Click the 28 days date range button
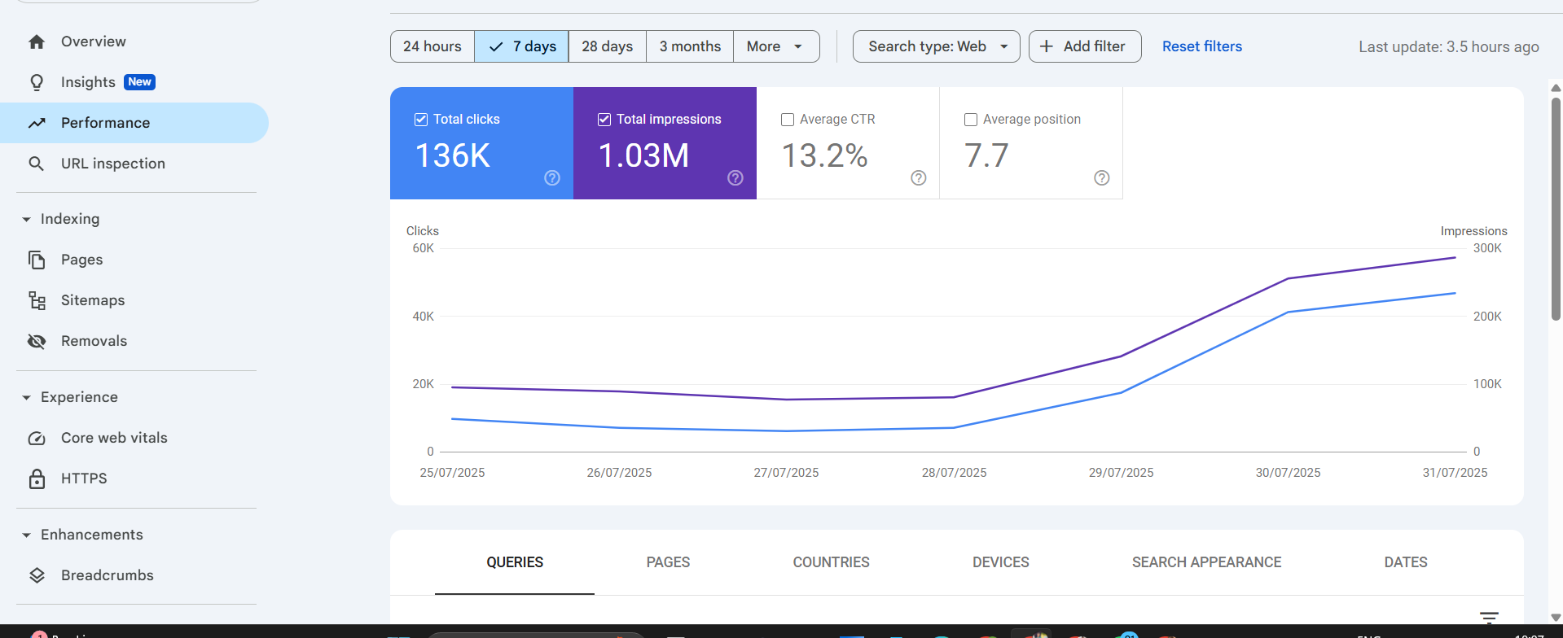pos(607,46)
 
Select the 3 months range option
pos(690,46)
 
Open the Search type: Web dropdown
pos(936,46)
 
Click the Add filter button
pos(1084,46)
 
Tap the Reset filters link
pos(1201,46)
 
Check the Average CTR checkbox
pos(788,120)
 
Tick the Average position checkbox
pos(971,120)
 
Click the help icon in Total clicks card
pos(552,178)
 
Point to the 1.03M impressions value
pos(643,155)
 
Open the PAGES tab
pos(668,562)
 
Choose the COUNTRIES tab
pos(831,562)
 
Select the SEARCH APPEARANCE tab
pos(1206,562)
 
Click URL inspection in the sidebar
pos(112,164)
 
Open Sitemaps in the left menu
pos(93,300)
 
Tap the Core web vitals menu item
pos(114,438)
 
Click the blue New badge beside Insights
pos(139,82)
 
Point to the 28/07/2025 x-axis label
pos(954,473)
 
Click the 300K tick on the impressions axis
pos(1487,248)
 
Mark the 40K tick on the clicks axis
pos(423,317)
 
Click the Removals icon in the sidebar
pos(37,341)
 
